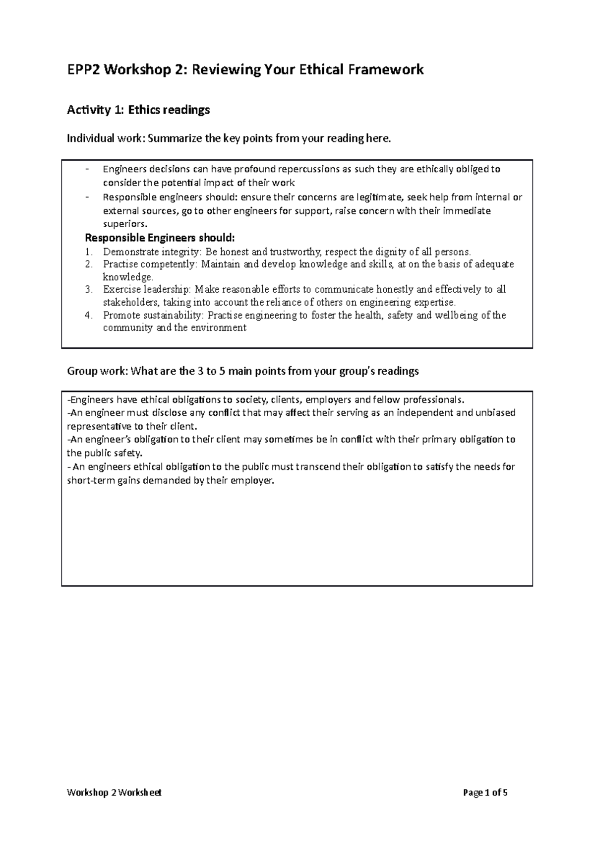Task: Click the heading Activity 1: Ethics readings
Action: pos(138,110)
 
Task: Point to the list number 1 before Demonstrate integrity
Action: pos(88,252)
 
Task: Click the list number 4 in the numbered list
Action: pos(88,315)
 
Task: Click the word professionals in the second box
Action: pos(433,400)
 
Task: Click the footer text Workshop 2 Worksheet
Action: pos(114,792)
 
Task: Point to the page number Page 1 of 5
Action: pos(485,792)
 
